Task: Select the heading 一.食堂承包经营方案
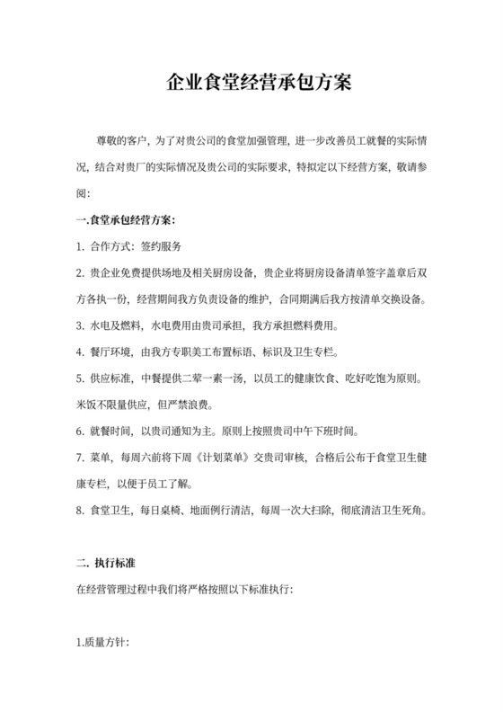[x=125, y=220]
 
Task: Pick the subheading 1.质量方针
[x=103, y=644]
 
